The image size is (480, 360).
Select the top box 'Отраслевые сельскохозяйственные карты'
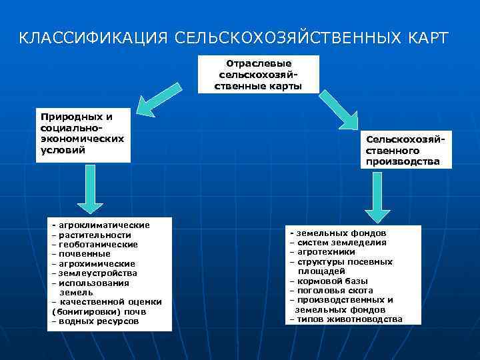[259, 74]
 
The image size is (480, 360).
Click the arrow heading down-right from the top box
[341, 106]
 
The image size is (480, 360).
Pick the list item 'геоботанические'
[98, 244]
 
